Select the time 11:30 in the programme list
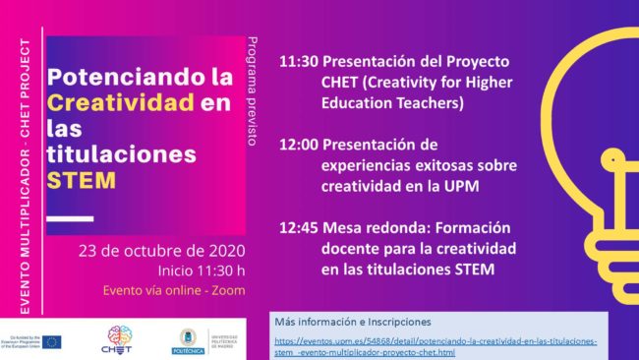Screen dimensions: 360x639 click(297, 61)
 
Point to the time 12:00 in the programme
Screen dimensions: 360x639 click(297, 144)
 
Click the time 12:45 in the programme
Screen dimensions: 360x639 click(297, 226)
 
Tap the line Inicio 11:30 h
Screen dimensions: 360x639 click(202, 270)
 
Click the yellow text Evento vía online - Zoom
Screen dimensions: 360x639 click(174, 290)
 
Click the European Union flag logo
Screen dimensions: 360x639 click(51, 341)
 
